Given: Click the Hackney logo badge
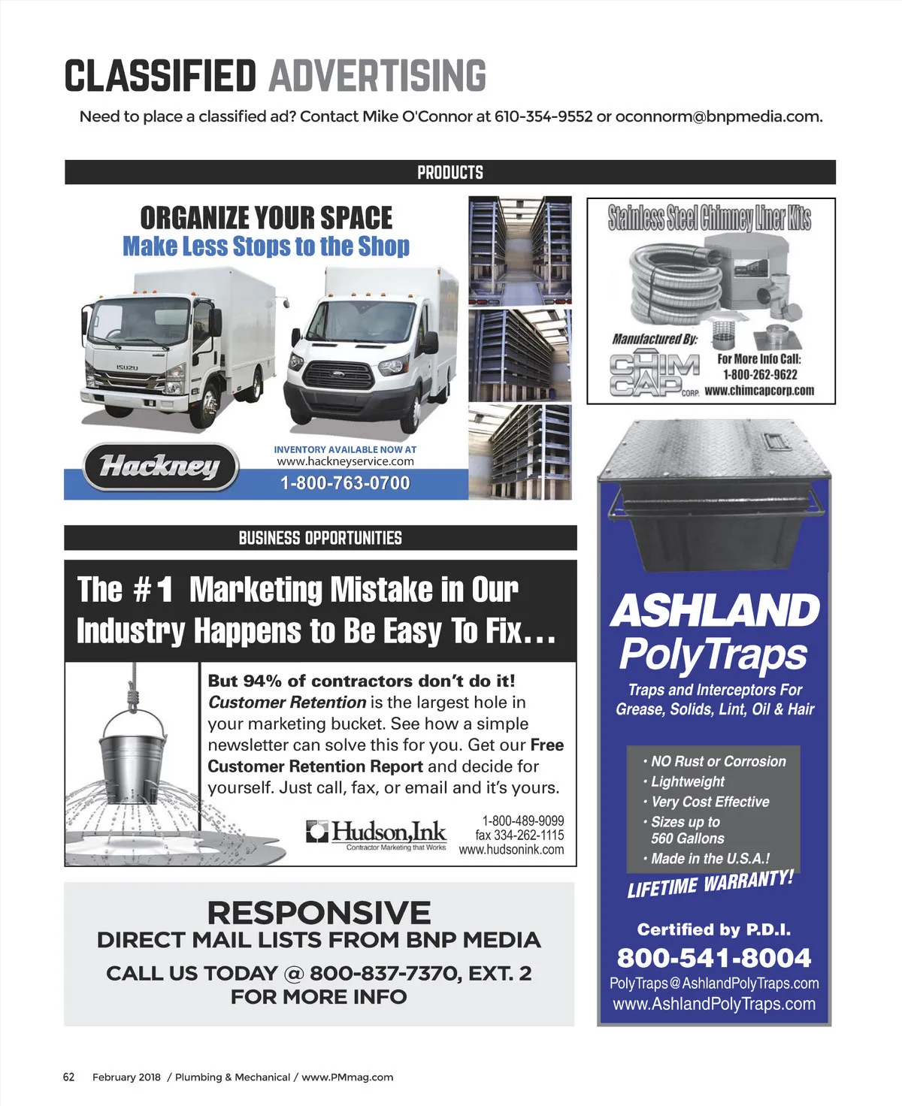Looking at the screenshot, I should pyautogui.click(x=160, y=467).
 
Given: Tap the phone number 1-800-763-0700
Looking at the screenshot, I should pyautogui.click(x=345, y=483).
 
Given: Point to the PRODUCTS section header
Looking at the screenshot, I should pyautogui.click(x=449, y=172).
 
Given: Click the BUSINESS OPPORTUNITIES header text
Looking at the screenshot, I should pyautogui.click(x=320, y=538).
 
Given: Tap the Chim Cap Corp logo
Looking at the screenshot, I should pyautogui.click(x=654, y=375).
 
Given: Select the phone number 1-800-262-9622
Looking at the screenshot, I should pyautogui.click(x=759, y=374).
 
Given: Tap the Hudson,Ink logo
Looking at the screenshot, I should pyautogui.click(x=377, y=834).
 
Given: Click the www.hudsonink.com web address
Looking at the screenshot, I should pyautogui.click(x=511, y=850).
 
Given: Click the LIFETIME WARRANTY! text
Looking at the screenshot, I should pyautogui.click(x=710, y=884).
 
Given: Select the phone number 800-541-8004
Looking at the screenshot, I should pyautogui.click(x=713, y=958).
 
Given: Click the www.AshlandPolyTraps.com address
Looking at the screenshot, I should pyautogui.click(x=713, y=1004).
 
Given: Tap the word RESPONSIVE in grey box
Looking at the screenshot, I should pyautogui.click(x=319, y=913).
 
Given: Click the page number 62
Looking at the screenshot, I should pyautogui.click(x=68, y=1077).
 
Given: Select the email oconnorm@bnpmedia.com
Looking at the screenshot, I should pyautogui.click(x=718, y=116).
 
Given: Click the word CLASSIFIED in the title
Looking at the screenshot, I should pyautogui.click(x=160, y=76).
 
